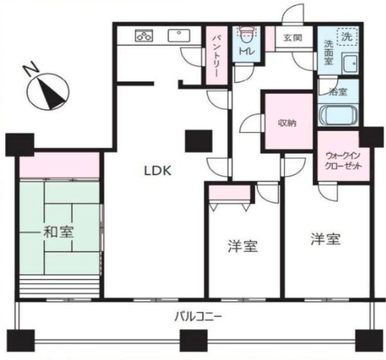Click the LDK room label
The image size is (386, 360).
158,171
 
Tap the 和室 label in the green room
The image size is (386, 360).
59,232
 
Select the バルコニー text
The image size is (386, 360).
198,317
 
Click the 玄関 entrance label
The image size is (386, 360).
293,37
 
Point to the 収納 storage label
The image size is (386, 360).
288,123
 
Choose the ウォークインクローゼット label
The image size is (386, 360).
343,161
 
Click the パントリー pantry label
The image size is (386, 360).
216,56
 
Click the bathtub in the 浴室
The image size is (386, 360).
338,115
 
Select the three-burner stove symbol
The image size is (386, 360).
144,35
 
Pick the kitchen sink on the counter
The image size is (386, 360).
179,35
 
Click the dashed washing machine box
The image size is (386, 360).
347,37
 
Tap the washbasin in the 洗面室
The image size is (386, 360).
350,64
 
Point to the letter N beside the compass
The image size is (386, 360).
31,69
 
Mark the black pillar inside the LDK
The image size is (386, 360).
198,141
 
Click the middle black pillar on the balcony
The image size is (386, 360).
194,340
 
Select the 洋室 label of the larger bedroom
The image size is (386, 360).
325,239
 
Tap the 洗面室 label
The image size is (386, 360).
328,52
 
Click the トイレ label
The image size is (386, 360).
246,51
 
